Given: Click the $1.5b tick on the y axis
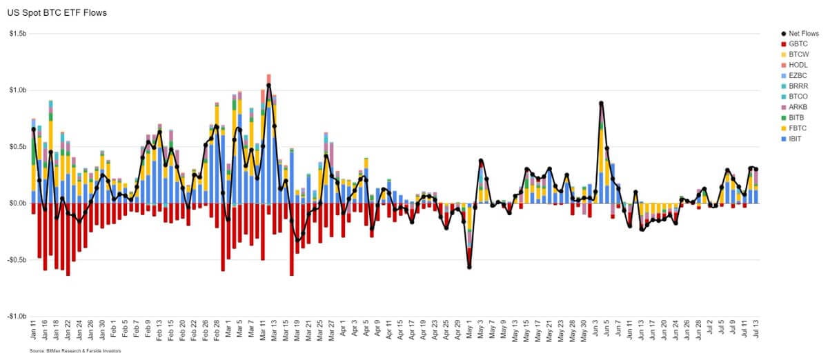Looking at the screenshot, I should click(17, 34).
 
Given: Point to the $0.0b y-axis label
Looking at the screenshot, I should click(17, 203).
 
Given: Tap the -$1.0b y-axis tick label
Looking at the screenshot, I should click(17, 317).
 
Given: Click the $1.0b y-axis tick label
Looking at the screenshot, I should click(17, 90).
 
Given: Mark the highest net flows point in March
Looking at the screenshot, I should click(268, 86).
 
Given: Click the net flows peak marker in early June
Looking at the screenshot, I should click(602, 103).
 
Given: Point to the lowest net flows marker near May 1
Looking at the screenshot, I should click(470, 267).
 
